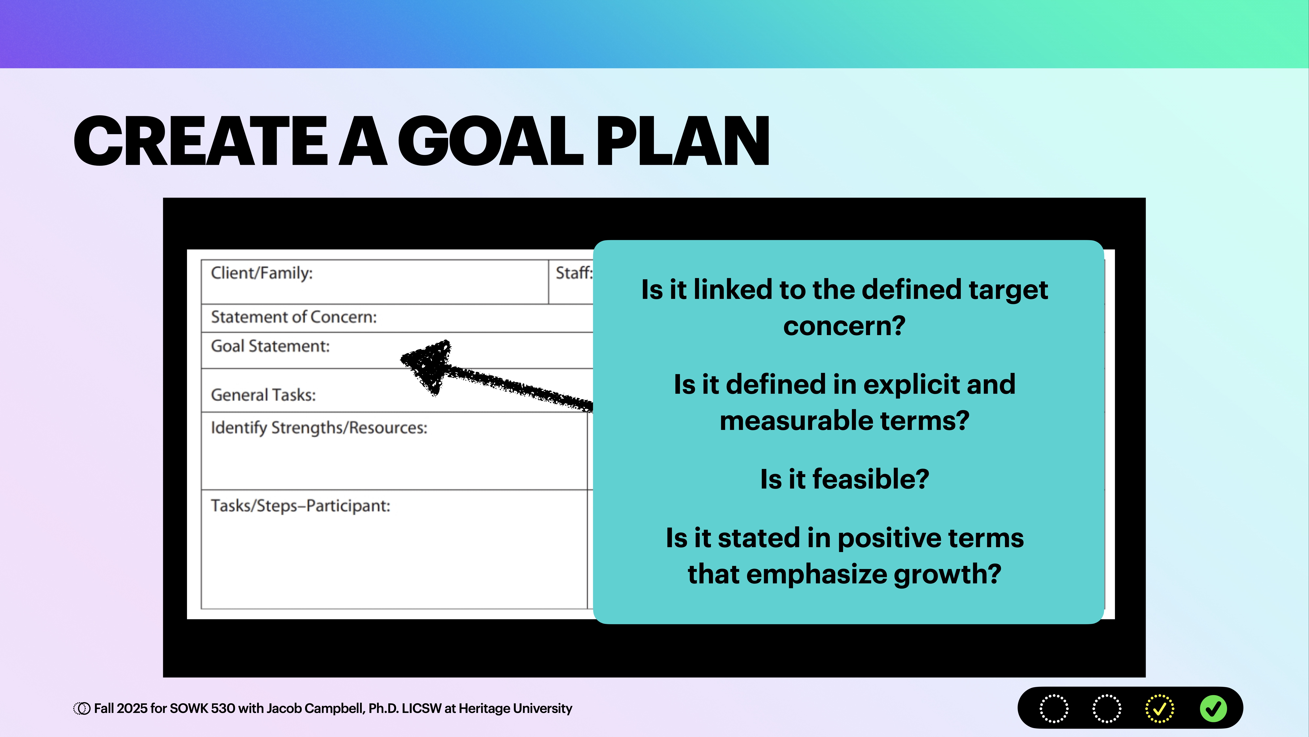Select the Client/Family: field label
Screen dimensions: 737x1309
click(262, 273)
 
